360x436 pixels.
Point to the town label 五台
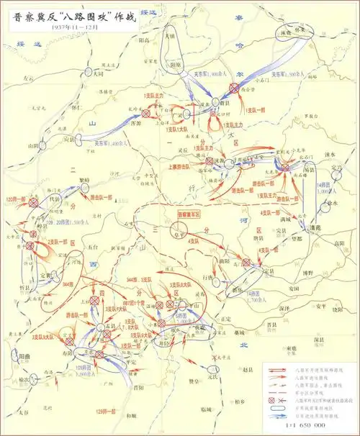(89, 246)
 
